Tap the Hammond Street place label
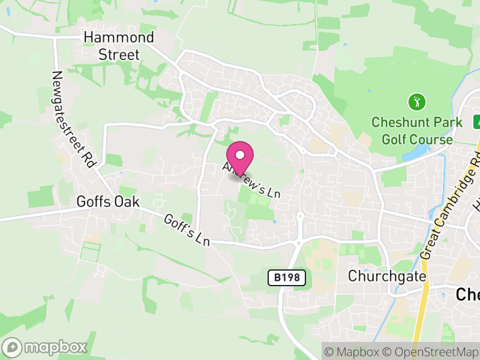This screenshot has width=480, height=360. [x=119, y=46]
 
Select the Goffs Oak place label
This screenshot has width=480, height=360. [x=108, y=202]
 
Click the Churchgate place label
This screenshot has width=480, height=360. [x=388, y=277]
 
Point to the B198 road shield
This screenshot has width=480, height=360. [x=287, y=278]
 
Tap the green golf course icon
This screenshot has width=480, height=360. [x=416, y=101]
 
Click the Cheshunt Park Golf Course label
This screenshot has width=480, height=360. [x=417, y=131]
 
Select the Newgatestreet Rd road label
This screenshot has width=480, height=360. [x=74, y=120]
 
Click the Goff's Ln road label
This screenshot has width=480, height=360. [x=187, y=230]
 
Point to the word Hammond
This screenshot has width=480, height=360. [x=119, y=37]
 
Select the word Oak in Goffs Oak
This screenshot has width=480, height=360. [x=127, y=202]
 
